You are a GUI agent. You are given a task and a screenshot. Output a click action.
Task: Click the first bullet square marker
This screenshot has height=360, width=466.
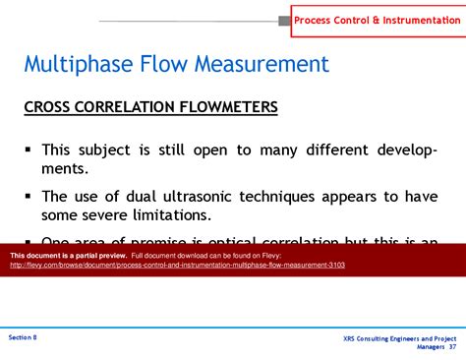29,150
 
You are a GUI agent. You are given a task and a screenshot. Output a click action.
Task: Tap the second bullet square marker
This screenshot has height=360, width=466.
29,195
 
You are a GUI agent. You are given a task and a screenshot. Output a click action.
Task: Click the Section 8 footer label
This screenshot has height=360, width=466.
23,337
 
